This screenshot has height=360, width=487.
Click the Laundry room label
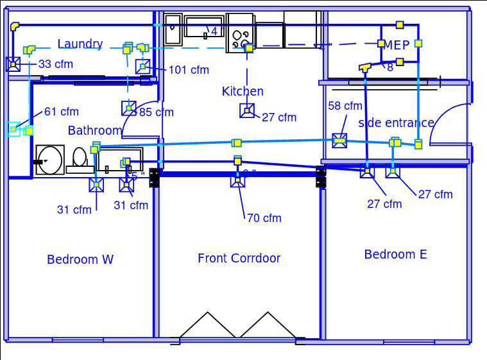pos(80,44)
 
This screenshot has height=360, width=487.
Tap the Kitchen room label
pos(243,92)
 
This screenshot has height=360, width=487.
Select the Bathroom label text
pos(95,131)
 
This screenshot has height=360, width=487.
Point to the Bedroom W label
pos(80,260)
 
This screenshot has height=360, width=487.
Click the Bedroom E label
pos(395,255)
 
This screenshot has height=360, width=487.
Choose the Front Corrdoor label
pos(239,259)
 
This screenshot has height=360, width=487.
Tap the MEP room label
pos(397,46)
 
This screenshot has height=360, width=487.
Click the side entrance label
pos(396,123)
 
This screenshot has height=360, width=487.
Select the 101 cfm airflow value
pos(189,70)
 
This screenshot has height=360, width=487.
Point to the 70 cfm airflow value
pos(264,218)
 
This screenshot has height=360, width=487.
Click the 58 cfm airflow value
pos(345,106)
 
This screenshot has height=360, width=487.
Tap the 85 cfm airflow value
pos(157,112)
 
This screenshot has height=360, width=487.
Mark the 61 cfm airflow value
pos(62,112)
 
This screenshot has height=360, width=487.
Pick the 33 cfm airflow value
pos(56,64)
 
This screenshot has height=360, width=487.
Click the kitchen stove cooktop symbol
pos(240,33)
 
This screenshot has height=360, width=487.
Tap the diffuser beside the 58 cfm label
pos(339,141)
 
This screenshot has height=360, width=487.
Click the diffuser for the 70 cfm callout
pos(237,180)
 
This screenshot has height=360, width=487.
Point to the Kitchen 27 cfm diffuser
pos(247,111)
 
